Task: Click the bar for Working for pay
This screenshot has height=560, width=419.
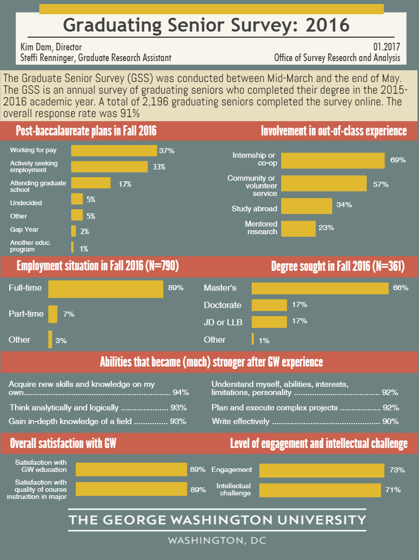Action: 114,151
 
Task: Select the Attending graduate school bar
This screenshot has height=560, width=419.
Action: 91,183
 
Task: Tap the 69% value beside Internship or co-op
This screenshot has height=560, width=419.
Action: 398,160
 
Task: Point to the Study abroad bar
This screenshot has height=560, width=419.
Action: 306,206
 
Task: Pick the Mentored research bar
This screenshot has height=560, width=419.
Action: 298,229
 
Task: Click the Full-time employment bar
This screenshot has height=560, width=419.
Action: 106,288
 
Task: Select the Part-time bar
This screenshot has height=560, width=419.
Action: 53,314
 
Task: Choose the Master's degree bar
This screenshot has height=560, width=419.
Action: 320,288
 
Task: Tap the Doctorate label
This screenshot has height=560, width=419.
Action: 223,305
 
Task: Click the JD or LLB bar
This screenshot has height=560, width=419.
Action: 269,321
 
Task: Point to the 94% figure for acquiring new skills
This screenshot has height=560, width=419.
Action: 181,393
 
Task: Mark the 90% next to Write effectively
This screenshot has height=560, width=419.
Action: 390,422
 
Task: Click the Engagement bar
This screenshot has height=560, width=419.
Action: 322,470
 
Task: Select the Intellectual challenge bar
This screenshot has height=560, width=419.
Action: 320,490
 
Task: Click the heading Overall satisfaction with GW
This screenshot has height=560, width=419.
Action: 64,443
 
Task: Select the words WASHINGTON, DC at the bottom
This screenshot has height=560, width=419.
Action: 217,540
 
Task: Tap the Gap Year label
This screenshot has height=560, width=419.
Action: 24,230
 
